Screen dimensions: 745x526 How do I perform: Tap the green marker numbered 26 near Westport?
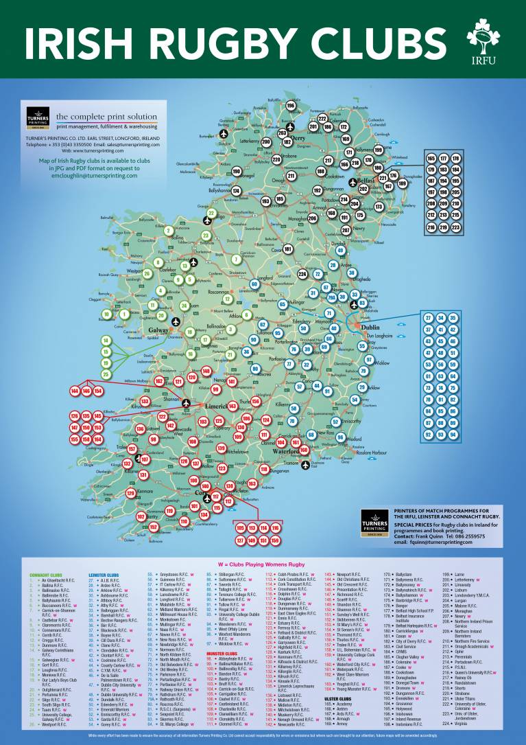point(147,273)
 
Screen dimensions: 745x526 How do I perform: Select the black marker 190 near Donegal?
point(237,172)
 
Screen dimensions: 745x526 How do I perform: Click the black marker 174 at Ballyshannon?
point(235,191)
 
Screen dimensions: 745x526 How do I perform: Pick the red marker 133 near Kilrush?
point(145,401)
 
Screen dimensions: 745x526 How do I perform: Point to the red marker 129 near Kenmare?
point(130,493)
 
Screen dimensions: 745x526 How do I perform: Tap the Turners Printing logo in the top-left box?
point(38,117)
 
